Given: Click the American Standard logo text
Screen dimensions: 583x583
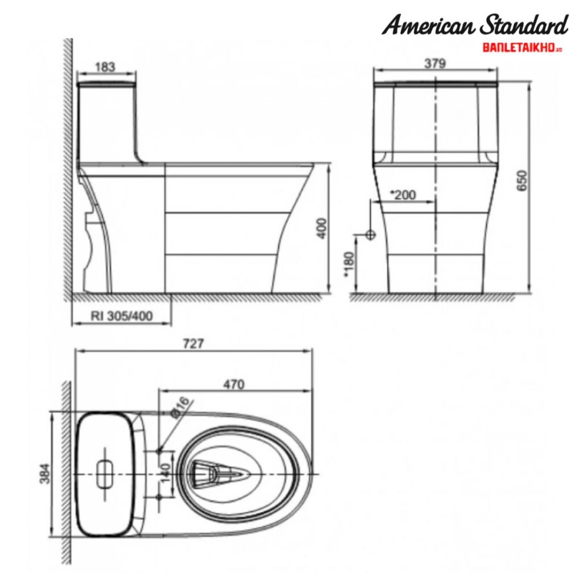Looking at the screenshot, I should pyautogui.click(x=474, y=26).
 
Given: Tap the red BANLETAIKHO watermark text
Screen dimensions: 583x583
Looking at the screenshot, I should pyautogui.click(x=522, y=48).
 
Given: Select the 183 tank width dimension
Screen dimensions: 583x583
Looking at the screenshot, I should pyautogui.click(x=105, y=67).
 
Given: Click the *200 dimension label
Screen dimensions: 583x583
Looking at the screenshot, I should pyautogui.click(x=403, y=195).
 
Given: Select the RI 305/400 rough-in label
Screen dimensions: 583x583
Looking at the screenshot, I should pyautogui.click(x=122, y=317).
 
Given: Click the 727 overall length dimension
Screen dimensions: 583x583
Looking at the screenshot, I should pyautogui.click(x=194, y=343).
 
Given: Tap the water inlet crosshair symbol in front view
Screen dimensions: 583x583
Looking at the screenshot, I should pyautogui.click(x=370, y=234).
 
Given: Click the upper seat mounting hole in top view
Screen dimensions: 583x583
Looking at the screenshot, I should pyautogui.click(x=159, y=451).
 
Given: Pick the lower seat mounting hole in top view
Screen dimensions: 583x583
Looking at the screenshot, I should pyautogui.click(x=159, y=496).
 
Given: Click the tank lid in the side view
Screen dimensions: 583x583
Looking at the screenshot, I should pyautogui.click(x=106, y=84).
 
